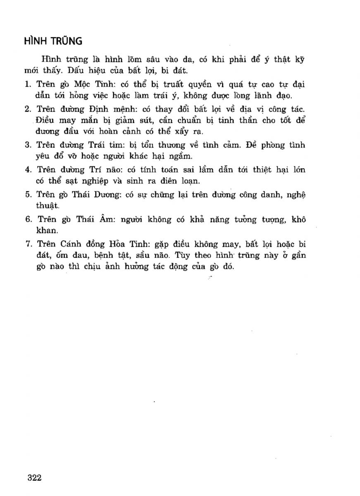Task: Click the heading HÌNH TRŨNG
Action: [53, 41]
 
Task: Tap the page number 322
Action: [34, 478]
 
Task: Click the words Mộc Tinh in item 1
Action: [95, 84]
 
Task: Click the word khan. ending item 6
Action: [46, 230]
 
